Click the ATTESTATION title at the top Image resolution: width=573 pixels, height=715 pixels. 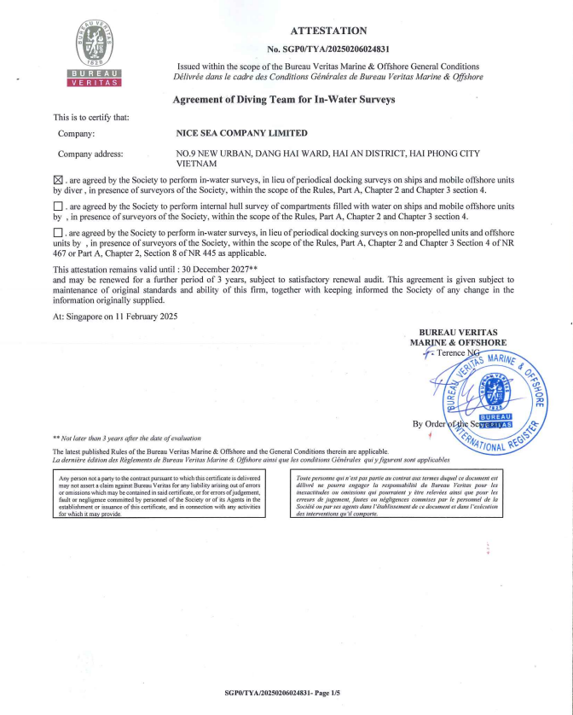328,31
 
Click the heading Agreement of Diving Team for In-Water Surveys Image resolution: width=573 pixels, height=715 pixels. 284,99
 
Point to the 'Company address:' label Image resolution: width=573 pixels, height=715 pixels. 90,154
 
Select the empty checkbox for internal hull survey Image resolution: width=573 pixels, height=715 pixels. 58,206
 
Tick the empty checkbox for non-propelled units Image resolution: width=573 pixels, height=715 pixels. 58,232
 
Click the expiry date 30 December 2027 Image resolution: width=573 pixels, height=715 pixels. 225,269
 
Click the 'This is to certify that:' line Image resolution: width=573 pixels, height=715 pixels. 91,117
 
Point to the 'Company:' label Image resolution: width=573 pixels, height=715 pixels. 76,133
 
